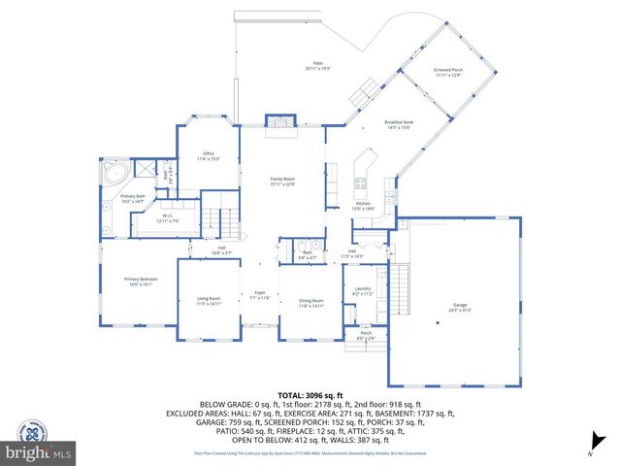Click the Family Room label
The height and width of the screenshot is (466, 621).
[x=282, y=180]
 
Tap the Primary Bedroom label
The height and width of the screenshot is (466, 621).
[x=140, y=280]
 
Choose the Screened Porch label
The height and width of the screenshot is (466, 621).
[x=448, y=71]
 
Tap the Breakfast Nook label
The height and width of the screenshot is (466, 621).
[x=400, y=123]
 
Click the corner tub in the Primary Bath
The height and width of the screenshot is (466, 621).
[x=114, y=176]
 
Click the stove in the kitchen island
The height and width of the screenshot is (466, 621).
[x=361, y=182]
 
